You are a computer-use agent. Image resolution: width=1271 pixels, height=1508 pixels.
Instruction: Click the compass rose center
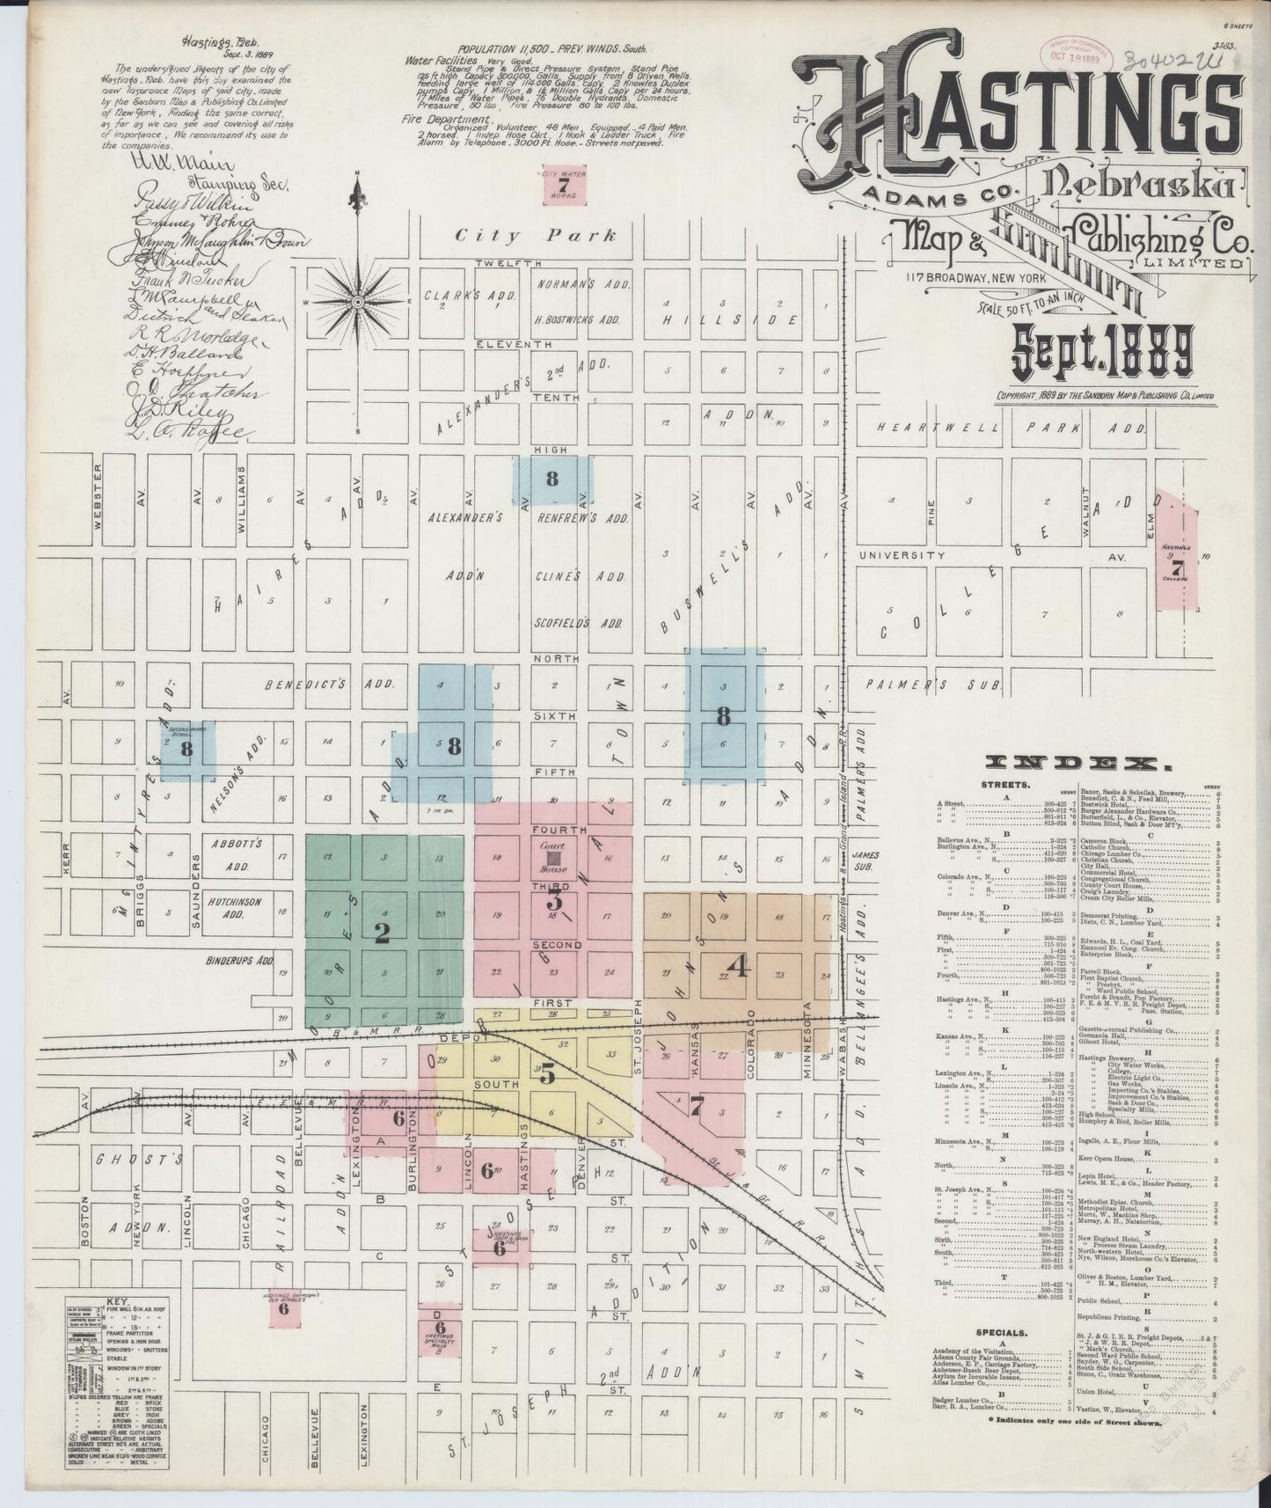click(x=358, y=301)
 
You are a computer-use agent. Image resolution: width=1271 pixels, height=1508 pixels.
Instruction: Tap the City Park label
click(x=535, y=236)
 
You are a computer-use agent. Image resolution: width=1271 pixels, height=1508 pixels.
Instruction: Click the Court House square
click(x=554, y=856)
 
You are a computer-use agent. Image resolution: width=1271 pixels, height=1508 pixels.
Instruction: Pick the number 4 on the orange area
click(x=740, y=967)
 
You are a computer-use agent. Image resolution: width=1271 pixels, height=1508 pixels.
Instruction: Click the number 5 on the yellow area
click(x=548, y=1074)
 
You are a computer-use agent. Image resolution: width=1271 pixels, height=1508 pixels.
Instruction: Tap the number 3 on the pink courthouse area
click(x=554, y=900)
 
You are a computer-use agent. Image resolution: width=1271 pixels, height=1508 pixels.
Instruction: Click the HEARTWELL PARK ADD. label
click(x=1012, y=428)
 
